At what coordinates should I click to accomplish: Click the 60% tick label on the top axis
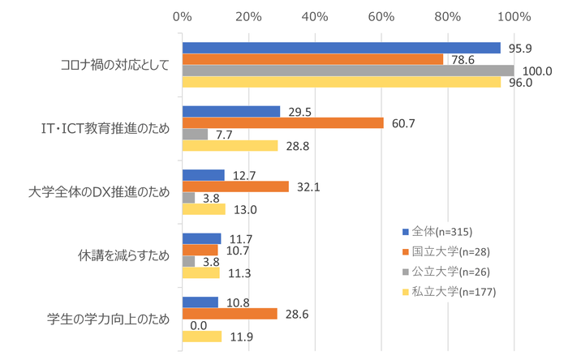point(381,15)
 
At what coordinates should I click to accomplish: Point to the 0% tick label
point(183,15)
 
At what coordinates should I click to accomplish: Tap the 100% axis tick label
point(513,15)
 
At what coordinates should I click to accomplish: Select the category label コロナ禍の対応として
point(115,65)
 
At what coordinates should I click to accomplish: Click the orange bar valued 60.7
point(282,122)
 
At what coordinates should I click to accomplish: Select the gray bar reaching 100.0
point(348,71)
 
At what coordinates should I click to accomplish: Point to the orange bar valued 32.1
point(235,186)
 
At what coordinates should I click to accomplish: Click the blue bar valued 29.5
point(231,111)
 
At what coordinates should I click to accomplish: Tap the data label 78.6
point(464,59)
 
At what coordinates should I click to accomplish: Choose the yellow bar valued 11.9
point(202,336)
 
